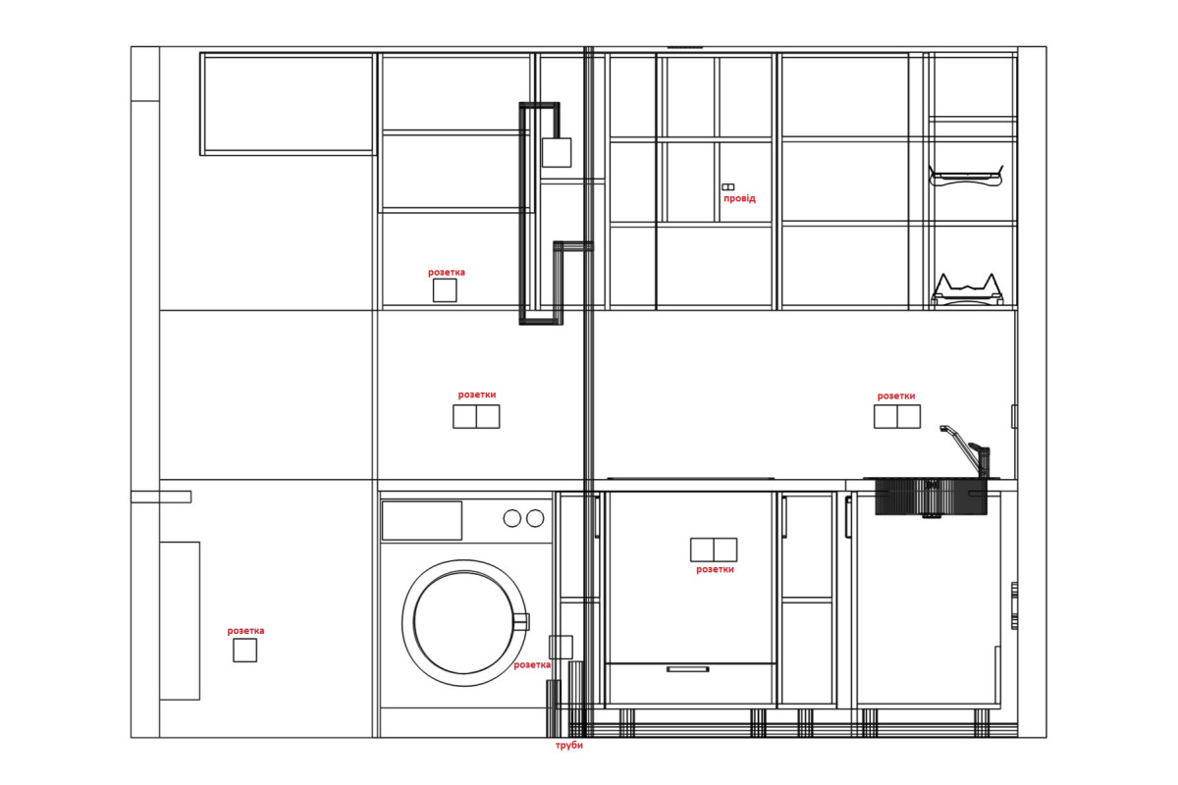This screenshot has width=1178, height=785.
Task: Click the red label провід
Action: [739, 198]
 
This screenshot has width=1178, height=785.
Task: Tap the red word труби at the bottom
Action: [569, 745]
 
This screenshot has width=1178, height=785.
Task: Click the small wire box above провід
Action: [727, 186]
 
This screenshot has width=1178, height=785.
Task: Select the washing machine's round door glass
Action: [463, 622]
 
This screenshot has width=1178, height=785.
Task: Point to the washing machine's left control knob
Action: [511, 518]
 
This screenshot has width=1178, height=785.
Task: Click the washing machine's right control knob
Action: [535, 518]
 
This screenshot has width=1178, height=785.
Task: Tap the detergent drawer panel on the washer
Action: [422, 520]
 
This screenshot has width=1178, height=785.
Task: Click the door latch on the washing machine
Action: [521, 621]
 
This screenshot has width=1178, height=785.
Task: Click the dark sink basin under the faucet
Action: [931, 497]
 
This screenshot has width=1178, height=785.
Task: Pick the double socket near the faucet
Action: [897, 416]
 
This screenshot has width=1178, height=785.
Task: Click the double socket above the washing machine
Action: [476, 416]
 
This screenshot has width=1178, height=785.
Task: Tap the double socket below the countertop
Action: [714, 549]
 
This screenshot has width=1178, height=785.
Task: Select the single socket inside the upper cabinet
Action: [445, 290]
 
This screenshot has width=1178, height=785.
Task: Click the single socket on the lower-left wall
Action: [245, 651]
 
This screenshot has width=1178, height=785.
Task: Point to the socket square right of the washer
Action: [561, 648]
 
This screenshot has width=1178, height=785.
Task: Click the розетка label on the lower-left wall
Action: [245, 630]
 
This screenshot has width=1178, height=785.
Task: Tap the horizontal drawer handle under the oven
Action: [688, 669]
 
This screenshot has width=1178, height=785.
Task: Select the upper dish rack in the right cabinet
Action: [966, 177]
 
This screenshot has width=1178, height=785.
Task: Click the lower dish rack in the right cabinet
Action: [967, 289]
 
